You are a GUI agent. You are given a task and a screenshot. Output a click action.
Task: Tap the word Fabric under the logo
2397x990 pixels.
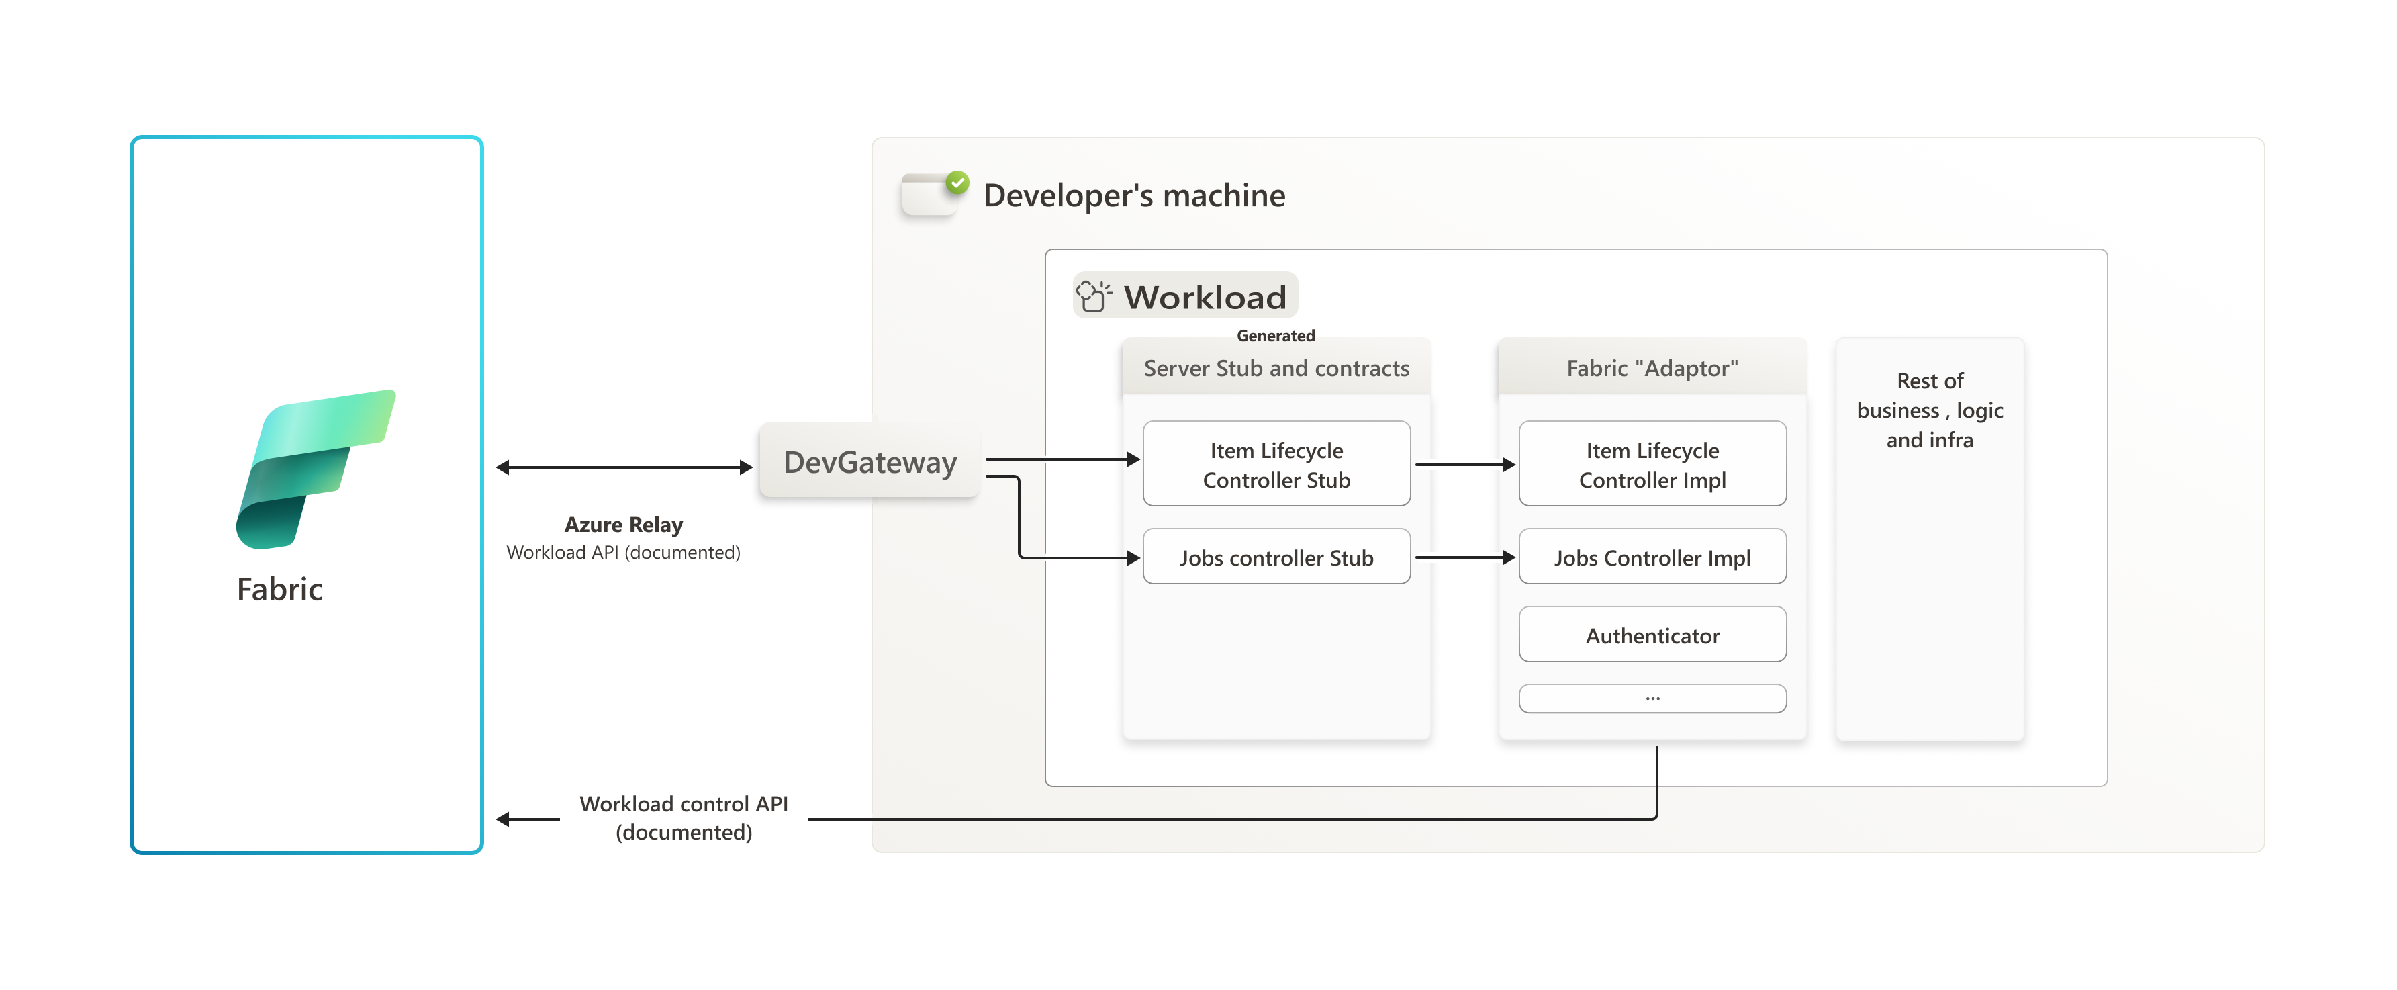point(279,589)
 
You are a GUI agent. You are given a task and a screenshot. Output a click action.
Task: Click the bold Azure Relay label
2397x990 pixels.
point(624,525)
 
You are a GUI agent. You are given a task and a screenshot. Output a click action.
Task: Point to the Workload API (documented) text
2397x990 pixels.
point(624,553)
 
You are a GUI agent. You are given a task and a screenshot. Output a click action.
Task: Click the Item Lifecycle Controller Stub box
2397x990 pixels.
point(1276,464)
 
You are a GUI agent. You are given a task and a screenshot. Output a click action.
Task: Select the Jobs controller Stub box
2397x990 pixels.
point(1276,557)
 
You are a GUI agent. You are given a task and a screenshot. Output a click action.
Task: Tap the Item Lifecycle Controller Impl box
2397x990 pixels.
point(1652,464)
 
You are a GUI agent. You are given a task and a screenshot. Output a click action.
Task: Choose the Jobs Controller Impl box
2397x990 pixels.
point(1652,557)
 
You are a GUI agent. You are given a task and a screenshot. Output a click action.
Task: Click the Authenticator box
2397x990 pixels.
point(1652,635)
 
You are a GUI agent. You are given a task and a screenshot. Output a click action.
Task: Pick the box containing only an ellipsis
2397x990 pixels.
point(1652,698)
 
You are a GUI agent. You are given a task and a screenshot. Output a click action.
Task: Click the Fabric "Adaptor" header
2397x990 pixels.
point(1652,369)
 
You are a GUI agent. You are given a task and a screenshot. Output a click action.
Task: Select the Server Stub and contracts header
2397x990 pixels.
point(1276,369)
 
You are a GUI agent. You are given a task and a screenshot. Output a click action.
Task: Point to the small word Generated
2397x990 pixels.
point(1275,336)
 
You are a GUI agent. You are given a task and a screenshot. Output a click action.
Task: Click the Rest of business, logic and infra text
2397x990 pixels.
point(1929,410)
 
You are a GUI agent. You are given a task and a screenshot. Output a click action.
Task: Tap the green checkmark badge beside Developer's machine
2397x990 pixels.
point(957,183)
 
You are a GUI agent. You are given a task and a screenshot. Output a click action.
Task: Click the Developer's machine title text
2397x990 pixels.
point(1133,195)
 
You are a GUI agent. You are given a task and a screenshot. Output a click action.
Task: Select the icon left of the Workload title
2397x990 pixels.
point(1093,297)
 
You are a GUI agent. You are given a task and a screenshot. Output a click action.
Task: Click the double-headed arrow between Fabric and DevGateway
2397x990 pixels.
point(624,467)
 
